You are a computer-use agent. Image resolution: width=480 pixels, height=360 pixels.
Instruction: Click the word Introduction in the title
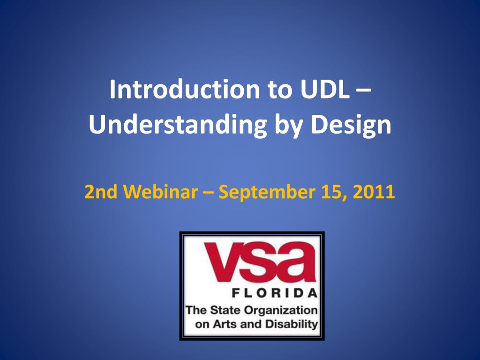coord(185,89)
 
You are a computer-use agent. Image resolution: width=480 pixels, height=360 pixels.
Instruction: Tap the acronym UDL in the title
coord(324,89)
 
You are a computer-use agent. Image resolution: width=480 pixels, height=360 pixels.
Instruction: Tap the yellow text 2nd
coord(101,192)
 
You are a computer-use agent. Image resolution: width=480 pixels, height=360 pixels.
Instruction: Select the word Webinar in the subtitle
coord(161,192)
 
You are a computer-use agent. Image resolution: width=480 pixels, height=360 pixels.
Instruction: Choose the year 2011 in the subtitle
coord(374,192)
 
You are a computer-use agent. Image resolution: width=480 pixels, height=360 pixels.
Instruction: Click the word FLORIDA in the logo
coord(275,293)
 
